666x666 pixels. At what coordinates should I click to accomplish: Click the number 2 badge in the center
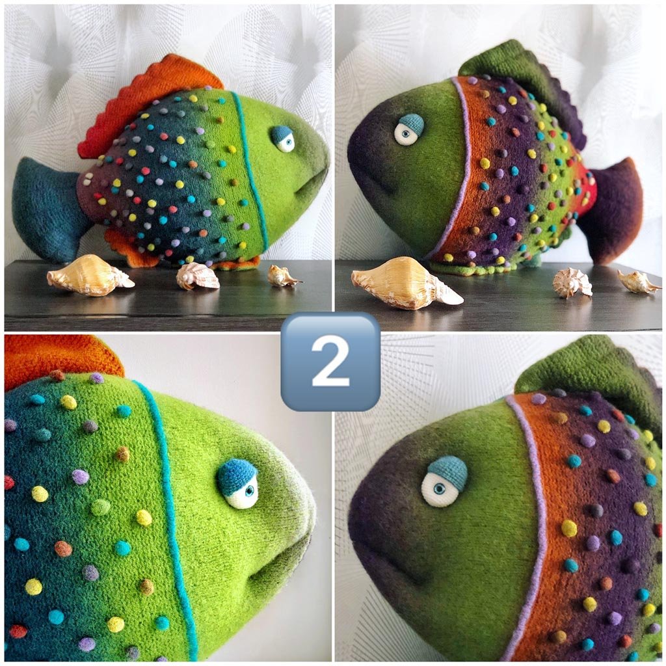pos(330,362)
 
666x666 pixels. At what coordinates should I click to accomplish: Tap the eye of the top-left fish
pos(283,139)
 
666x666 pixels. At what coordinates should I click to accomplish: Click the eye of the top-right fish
pos(408,129)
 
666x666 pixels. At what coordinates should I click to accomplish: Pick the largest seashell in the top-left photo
pos(90,275)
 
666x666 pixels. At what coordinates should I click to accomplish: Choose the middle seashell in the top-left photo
pos(198,276)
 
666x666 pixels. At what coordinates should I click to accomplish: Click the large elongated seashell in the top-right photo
pos(406,283)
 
